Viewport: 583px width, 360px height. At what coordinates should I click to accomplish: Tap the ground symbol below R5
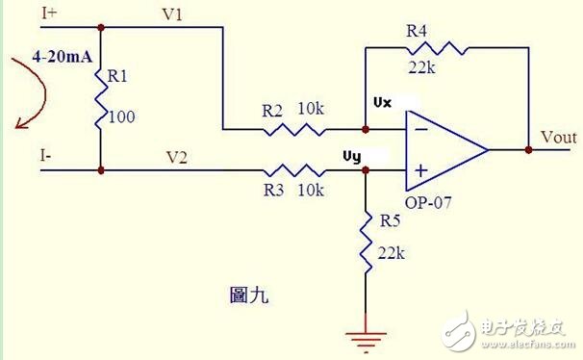(x=366, y=337)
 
